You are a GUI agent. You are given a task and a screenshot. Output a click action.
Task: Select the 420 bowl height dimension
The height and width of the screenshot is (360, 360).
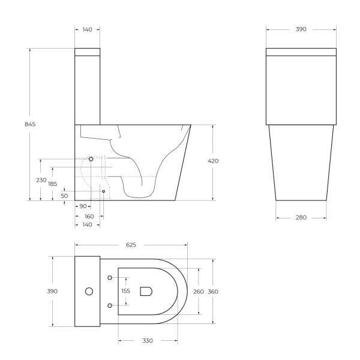pyautogui.click(x=213, y=161)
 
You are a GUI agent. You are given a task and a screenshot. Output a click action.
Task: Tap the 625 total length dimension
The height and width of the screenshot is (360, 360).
pyautogui.click(x=131, y=245)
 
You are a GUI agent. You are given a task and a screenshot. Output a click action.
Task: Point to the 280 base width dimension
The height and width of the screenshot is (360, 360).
pyautogui.click(x=301, y=217)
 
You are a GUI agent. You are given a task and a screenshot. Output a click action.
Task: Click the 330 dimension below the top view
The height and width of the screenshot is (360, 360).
pyautogui.click(x=148, y=340)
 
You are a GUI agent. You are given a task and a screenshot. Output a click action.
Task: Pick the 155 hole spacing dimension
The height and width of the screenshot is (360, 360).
pyautogui.click(x=126, y=291)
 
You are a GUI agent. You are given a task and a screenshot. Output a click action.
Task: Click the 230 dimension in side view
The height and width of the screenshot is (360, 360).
pyautogui.click(x=41, y=180)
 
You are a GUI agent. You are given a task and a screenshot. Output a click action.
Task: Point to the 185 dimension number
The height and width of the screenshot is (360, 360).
pyautogui.click(x=53, y=184)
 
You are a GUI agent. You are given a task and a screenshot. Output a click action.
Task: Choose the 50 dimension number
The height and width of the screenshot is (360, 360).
pyautogui.click(x=64, y=196)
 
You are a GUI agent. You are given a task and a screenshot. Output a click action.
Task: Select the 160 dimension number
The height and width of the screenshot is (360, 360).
pyautogui.click(x=89, y=216)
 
